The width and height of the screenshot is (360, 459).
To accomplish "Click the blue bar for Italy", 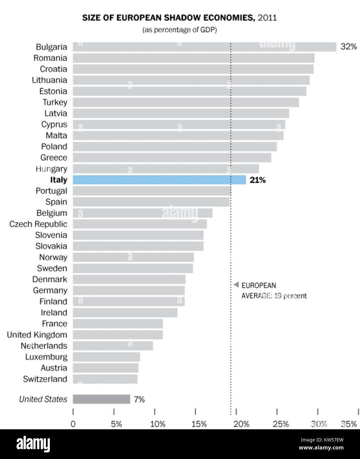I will pyautogui.click(x=159, y=180).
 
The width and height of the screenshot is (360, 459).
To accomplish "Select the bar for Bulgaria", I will pyautogui.click(x=204, y=47).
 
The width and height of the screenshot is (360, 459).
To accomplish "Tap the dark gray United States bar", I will pyautogui.click(x=101, y=399).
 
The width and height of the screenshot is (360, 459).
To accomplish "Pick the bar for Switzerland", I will pyautogui.click(x=105, y=379).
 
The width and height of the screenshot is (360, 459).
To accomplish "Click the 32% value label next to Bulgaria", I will pyautogui.click(x=348, y=47).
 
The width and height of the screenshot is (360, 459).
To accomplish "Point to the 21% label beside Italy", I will pyautogui.click(x=258, y=180).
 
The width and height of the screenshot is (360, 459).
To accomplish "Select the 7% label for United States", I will pyautogui.click(x=139, y=400).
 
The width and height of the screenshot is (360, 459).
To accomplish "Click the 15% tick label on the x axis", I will pyautogui.click(x=199, y=424).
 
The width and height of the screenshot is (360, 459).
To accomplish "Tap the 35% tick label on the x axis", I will pyautogui.click(x=349, y=424).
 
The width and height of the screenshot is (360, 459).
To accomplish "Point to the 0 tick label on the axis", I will pyautogui.click(x=73, y=424).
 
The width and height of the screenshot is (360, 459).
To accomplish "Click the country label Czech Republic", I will pyautogui.click(x=38, y=224).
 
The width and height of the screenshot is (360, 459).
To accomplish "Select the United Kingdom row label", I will pyautogui.click(x=37, y=335).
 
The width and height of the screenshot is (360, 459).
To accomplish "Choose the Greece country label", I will pyautogui.click(x=54, y=158).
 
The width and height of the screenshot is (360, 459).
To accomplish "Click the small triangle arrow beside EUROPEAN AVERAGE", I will pyautogui.click(x=236, y=285).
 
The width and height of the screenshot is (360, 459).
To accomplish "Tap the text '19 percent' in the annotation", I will pyautogui.click(x=290, y=296).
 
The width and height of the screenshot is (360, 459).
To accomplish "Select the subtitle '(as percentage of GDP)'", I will pyautogui.click(x=179, y=30).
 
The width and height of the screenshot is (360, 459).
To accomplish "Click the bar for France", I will pyautogui.click(x=118, y=324).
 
